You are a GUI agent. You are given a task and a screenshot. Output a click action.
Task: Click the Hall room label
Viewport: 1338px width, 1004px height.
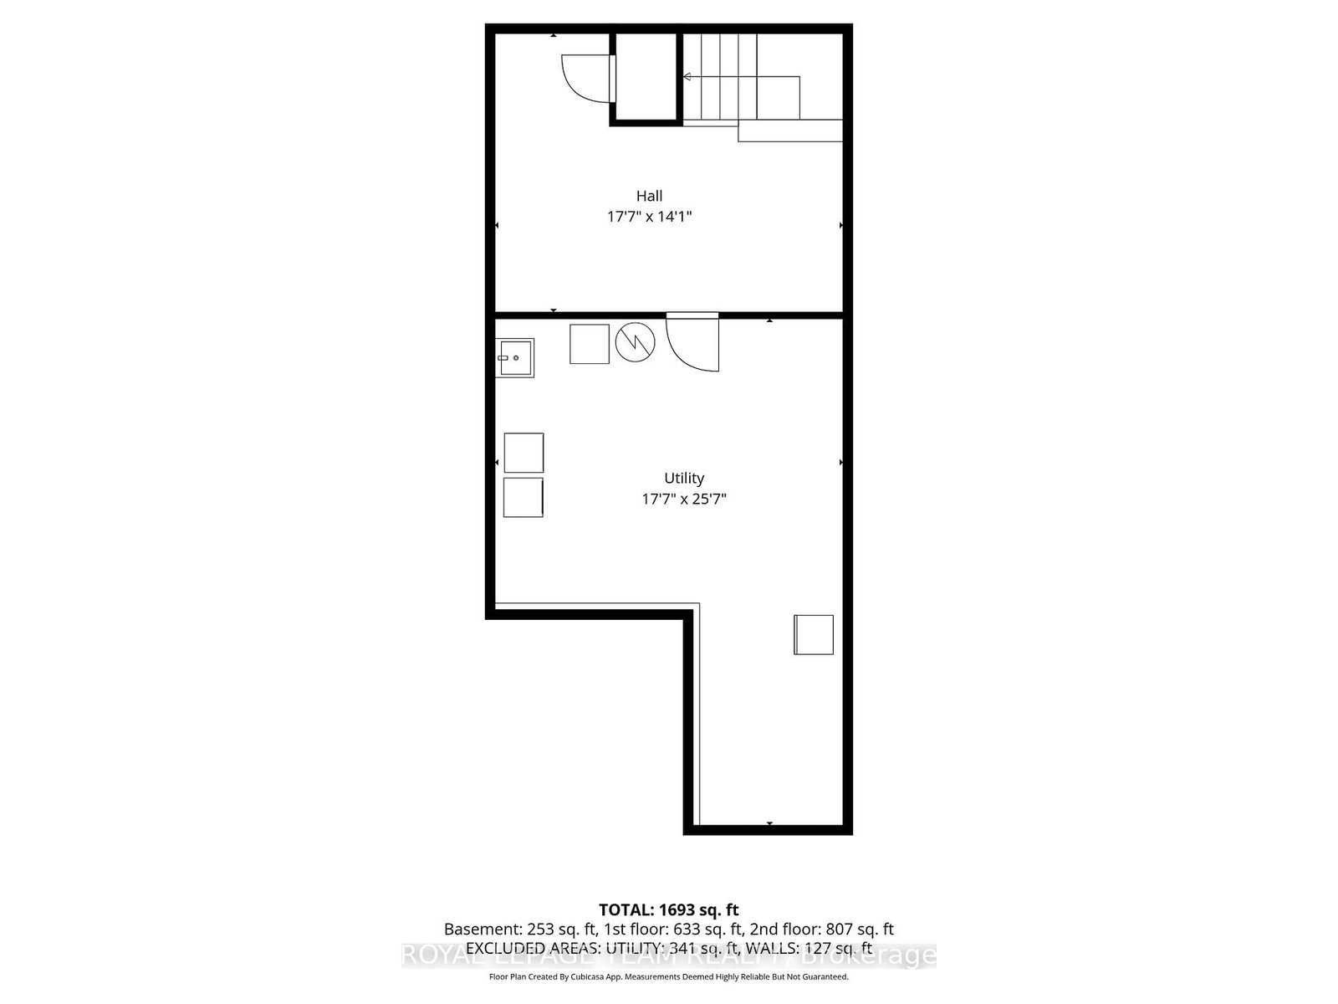(x=649, y=196)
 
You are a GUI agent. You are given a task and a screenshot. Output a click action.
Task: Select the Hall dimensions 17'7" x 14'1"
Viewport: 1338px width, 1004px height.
(x=649, y=217)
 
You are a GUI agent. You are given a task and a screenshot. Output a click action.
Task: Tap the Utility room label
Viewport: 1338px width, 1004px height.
(x=684, y=478)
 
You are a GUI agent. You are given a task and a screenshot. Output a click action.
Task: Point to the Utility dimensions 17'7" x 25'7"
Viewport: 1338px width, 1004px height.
(x=684, y=499)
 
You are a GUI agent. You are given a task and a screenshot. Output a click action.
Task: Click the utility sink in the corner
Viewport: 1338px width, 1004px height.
(x=514, y=358)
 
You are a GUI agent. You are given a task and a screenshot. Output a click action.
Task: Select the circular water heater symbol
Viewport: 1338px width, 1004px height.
(x=636, y=342)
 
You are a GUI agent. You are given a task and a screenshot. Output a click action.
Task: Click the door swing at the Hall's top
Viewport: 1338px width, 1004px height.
(x=588, y=78)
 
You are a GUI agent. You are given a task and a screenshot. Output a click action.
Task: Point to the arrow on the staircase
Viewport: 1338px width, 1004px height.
(x=687, y=77)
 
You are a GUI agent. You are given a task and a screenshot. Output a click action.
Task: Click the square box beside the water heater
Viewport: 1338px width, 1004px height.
(x=590, y=344)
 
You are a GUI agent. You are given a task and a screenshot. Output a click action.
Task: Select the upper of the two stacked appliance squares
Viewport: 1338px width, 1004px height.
(x=523, y=453)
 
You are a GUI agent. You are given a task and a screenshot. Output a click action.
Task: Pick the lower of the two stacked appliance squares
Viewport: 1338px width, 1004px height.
(x=523, y=497)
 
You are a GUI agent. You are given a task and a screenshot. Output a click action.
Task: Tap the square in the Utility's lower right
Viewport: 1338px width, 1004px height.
(x=814, y=634)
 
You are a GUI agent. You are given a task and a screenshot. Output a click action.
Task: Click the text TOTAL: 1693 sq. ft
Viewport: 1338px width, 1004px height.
(x=668, y=909)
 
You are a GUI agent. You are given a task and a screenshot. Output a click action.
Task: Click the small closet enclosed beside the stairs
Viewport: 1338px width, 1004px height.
(x=646, y=78)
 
